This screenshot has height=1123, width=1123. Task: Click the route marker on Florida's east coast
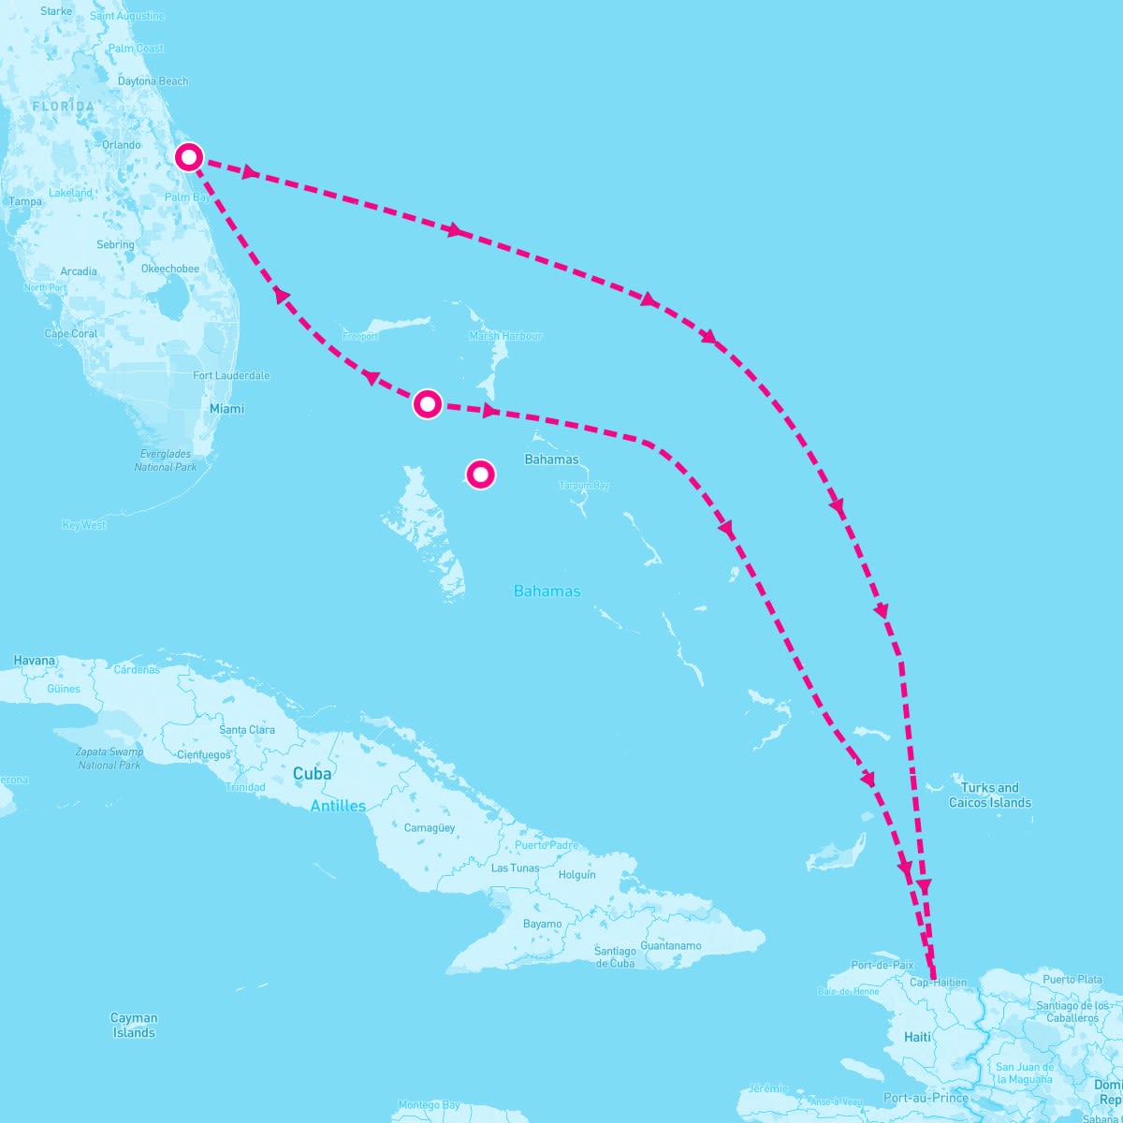(x=189, y=157)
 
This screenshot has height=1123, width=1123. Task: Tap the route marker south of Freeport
(x=427, y=404)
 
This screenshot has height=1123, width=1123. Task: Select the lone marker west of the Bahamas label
(x=480, y=474)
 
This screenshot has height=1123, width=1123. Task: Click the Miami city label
(x=226, y=409)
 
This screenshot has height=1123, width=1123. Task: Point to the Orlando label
(x=122, y=145)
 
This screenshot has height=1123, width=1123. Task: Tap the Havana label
(x=35, y=661)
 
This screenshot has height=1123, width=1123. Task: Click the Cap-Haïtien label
(x=938, y=983)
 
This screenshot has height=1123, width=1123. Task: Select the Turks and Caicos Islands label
(x=989, y=795)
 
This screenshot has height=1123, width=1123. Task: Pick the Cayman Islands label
(x=134, y=1025)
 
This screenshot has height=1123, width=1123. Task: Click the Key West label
(x=84, y=525)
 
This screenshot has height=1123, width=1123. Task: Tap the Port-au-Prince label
(x=926, y=1098)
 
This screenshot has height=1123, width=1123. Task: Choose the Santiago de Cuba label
(x=615, y=957)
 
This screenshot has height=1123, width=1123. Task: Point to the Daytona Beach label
(x=153, y=81)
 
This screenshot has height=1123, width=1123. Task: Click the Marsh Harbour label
(x=505, y=336)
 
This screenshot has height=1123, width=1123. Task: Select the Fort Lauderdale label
(x=231, y=375)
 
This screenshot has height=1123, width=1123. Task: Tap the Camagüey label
(x=430, y=828)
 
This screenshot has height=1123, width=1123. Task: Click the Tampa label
(x=25, y=201)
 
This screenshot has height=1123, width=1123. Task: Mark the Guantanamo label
(x=670, y=945)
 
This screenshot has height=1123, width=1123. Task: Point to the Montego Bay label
(x=429, y=1105)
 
